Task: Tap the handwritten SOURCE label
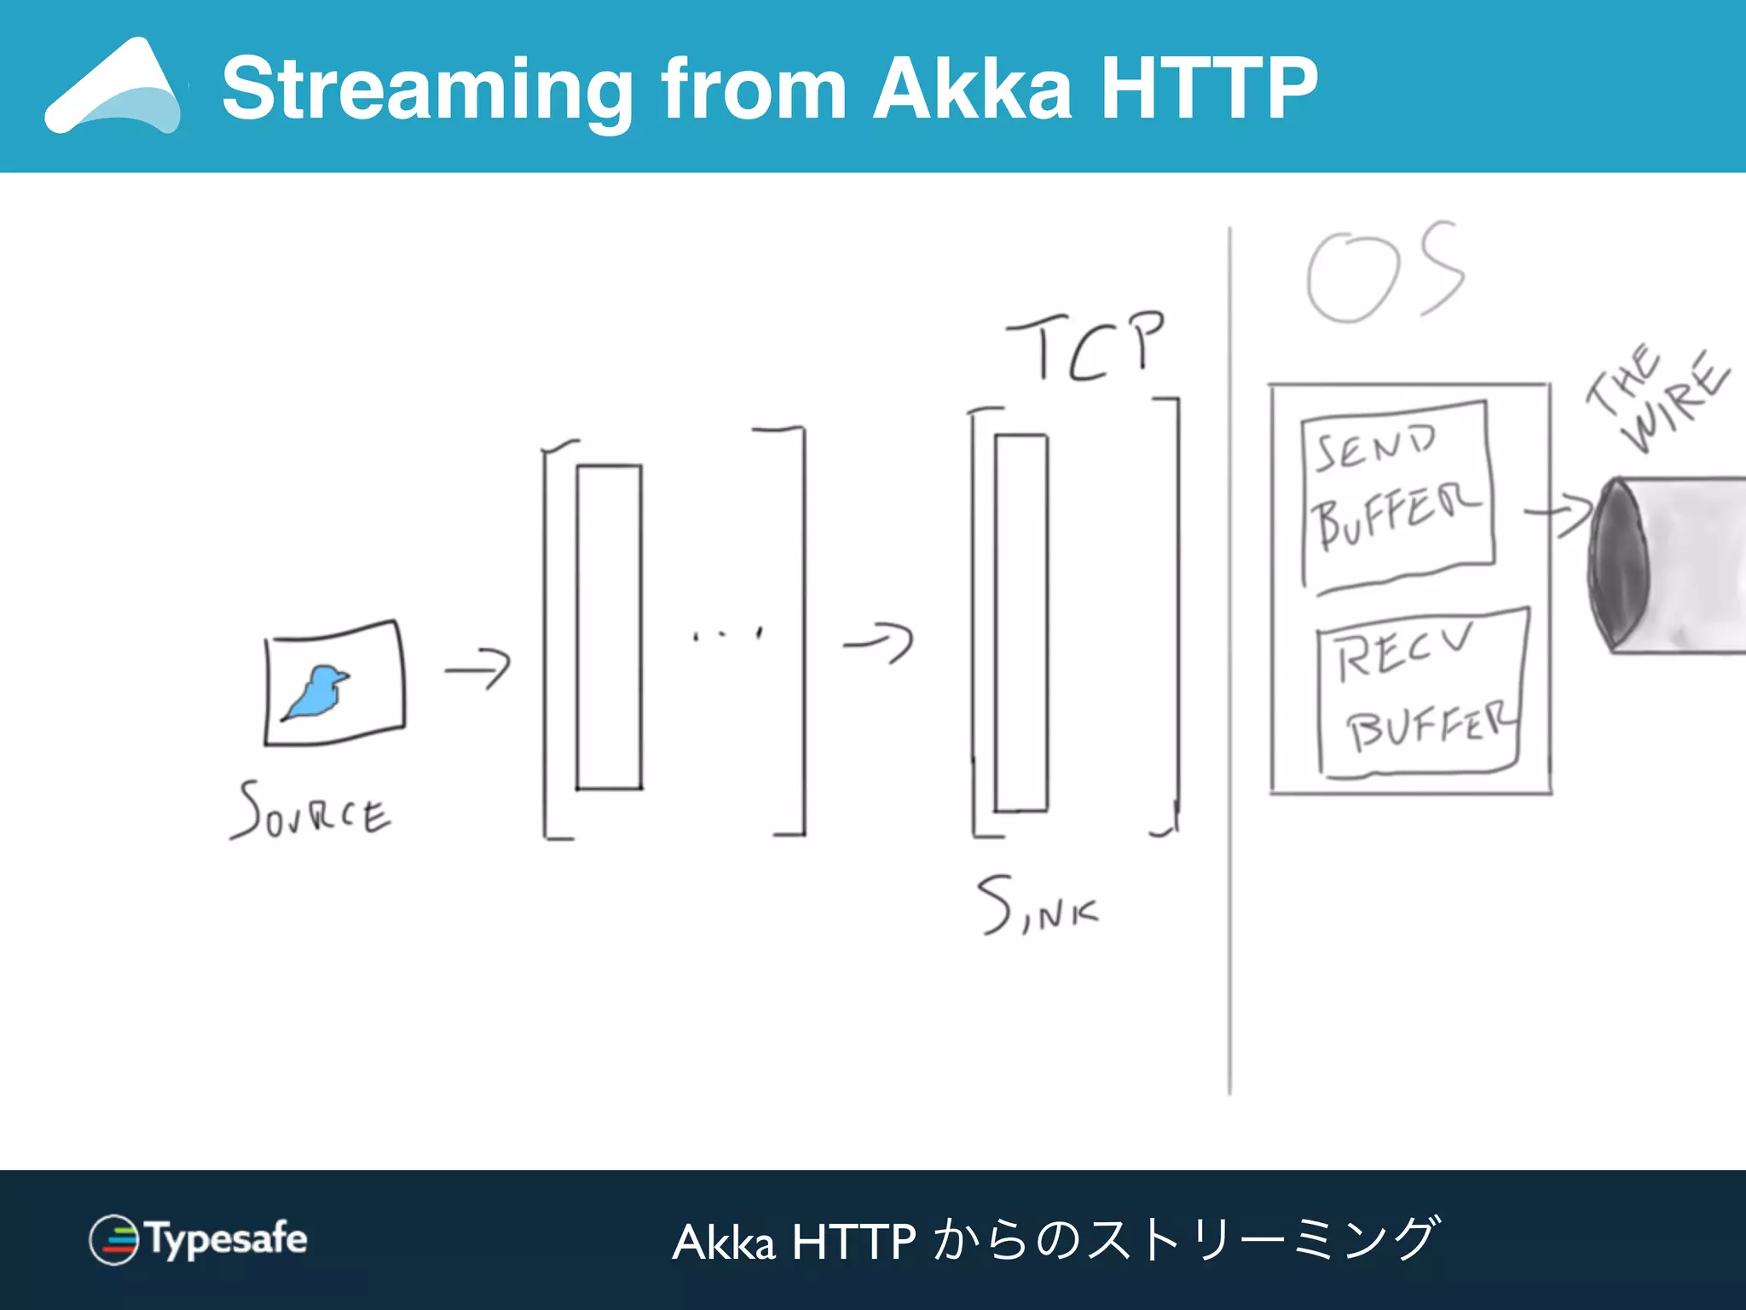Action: click(311, 811)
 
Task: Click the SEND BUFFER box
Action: click(1398, 496)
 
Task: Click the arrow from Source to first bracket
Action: click(477, 669)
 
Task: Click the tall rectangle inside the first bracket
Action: click(609, 627)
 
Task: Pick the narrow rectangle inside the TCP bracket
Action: click(1021, 623)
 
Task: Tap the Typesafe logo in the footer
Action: click(198, 1239)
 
